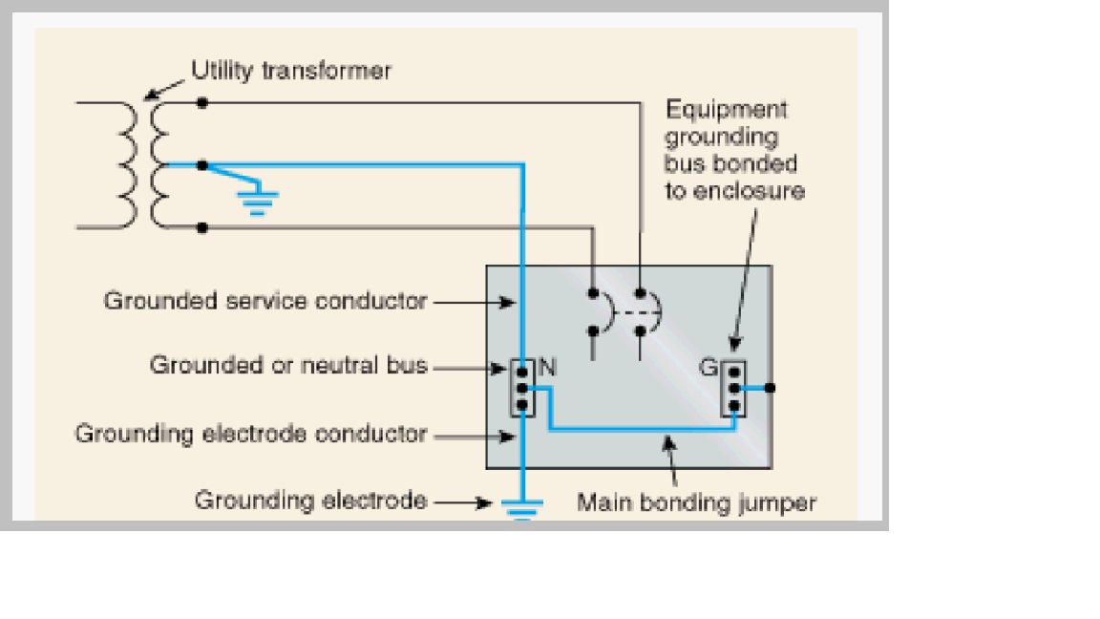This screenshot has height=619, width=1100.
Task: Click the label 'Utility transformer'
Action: coord(290,71)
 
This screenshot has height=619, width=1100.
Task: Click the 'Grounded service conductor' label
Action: coord(265,301)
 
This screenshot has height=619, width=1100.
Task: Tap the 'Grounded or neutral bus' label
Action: coord(288,365)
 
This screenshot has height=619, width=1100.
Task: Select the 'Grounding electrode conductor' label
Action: coord(251,434)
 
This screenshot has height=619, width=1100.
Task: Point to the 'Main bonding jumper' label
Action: coord(696,502)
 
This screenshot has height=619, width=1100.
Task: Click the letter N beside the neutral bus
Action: coord(547,365)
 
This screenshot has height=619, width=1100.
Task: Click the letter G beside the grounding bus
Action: coord(709,365)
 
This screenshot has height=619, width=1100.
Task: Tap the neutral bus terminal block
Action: coord(522,388)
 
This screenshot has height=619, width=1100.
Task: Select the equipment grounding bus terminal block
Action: coord(733,389)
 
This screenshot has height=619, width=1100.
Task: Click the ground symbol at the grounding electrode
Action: coord(520,506)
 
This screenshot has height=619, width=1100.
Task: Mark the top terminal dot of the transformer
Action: coord(201,101)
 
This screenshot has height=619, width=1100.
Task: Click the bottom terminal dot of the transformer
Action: coord(201,227)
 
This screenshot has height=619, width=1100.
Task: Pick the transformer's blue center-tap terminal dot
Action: coord(201,165)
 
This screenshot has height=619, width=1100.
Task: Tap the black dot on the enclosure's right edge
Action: coord(771,388)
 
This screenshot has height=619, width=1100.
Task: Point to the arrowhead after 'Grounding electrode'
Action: coord(486,502)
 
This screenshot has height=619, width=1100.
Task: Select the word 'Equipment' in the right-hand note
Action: coord(727,110)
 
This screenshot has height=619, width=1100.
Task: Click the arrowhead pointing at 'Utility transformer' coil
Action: coord(149,95)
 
